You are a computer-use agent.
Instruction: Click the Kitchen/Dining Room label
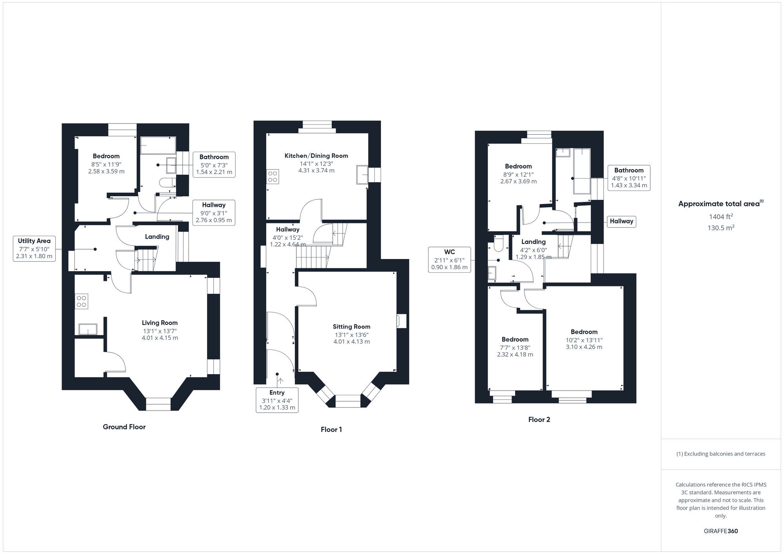click(316, 156)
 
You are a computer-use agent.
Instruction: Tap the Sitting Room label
click(351, 327)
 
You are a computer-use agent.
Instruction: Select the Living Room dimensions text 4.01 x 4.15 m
click(160, 338)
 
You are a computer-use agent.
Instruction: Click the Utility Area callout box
click(34, 249)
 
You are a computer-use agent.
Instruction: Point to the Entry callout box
click(277, 400)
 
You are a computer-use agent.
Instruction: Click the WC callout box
click(449, 260)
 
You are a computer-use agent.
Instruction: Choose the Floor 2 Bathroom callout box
click(629, 178)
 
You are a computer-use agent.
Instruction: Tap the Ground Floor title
click(124, 427)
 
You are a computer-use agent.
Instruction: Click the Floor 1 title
click(331, 429)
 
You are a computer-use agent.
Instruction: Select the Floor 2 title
click(539, 420)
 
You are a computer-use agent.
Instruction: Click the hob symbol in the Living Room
click(82, 301)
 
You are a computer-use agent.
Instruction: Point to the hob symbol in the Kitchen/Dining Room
click(272, 176)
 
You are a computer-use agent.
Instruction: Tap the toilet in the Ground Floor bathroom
click(165, 183)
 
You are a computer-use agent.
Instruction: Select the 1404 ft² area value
click(720, 217)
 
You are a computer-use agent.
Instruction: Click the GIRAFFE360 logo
click(720, 531)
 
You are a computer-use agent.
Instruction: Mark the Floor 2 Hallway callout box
click(621, 221)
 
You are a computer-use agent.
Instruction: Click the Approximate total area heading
click(720, 204)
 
